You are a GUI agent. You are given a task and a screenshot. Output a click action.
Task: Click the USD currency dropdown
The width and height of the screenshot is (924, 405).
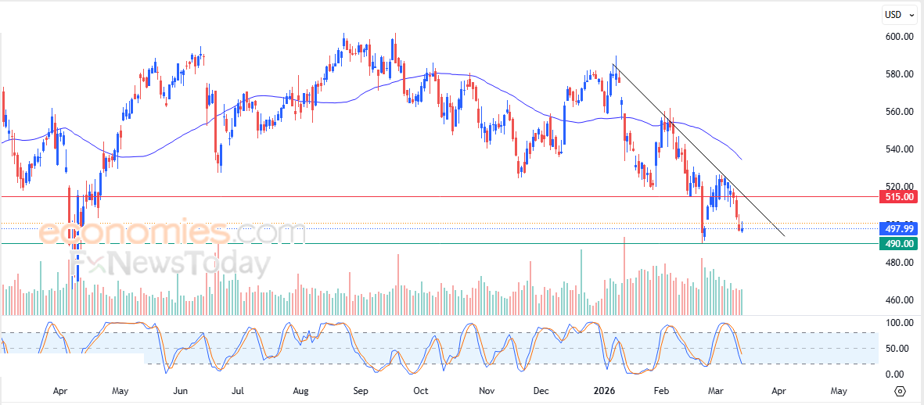897,14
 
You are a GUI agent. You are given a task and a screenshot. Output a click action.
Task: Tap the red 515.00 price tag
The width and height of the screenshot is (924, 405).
898,196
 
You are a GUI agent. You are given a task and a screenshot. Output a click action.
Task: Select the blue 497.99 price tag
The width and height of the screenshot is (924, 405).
898,228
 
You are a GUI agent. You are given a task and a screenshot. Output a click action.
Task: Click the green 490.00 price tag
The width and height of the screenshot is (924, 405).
898,244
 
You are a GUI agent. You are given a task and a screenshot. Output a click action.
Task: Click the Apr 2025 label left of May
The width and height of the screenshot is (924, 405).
60,389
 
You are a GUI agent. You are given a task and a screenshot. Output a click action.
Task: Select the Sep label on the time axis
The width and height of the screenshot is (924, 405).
360,389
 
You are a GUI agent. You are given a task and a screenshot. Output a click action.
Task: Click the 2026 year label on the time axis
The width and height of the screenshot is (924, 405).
603,389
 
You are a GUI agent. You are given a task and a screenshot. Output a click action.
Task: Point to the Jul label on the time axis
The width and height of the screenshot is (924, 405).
238,389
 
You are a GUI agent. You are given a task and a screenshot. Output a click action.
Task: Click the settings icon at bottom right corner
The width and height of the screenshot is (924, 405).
900,391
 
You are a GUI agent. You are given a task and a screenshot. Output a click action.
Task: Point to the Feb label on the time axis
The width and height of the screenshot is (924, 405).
662,389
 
